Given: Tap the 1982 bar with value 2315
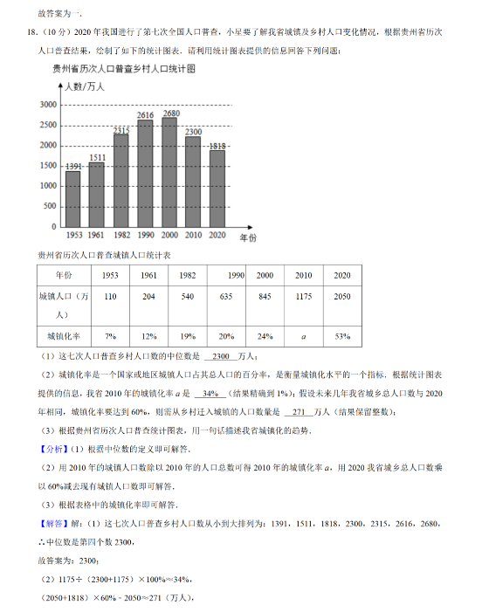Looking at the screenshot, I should click(121, 179).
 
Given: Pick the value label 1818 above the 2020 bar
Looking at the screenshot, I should click(218, 146).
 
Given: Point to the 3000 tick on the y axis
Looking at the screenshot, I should click(49, 105).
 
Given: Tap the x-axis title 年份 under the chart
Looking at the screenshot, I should click(247, 237).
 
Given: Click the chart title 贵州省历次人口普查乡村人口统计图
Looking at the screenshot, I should click(123, 67).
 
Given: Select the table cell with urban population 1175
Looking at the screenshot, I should click(304, 297).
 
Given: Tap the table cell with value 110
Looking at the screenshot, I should click(110, 297).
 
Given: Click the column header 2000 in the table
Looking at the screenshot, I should click(265, 275).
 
